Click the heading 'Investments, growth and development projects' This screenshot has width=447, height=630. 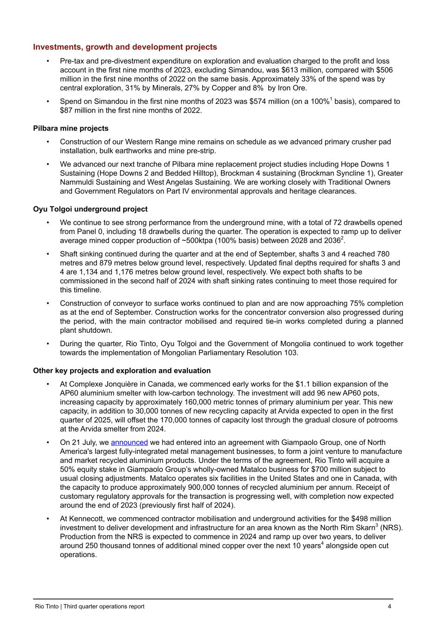(x=125, y=47)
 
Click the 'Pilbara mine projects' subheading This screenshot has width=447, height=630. (x=71, y=128)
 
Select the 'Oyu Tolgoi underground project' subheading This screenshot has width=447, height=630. (x=90, y=209)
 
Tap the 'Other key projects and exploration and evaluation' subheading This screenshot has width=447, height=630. (x=121, y=371)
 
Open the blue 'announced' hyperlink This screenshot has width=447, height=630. (x=129, y=443)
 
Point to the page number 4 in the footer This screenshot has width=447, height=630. (x=390, y=606)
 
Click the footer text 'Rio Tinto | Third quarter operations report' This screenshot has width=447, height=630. (x=90, y=606)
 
